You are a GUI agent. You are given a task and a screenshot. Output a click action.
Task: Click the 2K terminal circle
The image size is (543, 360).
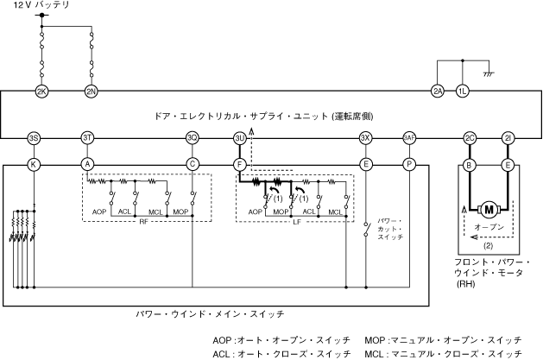tap(41, 91)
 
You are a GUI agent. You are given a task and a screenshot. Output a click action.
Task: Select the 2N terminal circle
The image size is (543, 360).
tap(92, 91)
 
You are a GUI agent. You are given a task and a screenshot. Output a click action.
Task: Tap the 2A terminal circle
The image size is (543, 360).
tap(438, 91)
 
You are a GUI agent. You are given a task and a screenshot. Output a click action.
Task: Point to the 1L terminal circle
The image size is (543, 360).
tap(463, 91)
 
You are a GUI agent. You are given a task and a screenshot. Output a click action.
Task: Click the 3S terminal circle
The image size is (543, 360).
tap(34, 138)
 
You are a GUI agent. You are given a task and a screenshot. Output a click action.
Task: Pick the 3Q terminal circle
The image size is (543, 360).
tap(193, 138)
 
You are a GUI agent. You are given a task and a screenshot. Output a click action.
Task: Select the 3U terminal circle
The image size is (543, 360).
tap(239, 138)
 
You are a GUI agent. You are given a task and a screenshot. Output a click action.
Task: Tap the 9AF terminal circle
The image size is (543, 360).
tap(409, 138)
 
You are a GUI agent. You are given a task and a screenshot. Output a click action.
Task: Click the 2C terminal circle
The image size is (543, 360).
tap(470, 138)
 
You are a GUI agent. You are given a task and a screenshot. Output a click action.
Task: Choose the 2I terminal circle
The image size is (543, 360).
tap(508, 138)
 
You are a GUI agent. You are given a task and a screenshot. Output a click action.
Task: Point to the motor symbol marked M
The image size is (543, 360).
tap(489, 208)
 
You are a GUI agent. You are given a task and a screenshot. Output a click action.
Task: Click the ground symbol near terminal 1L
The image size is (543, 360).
tap(489, 74)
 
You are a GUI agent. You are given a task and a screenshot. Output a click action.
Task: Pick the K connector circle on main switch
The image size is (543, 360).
tap(34, 162)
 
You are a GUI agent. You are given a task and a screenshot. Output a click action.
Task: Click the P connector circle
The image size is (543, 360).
tap(409, 162)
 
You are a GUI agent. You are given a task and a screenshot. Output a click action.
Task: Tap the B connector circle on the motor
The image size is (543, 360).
tap(470, 162)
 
